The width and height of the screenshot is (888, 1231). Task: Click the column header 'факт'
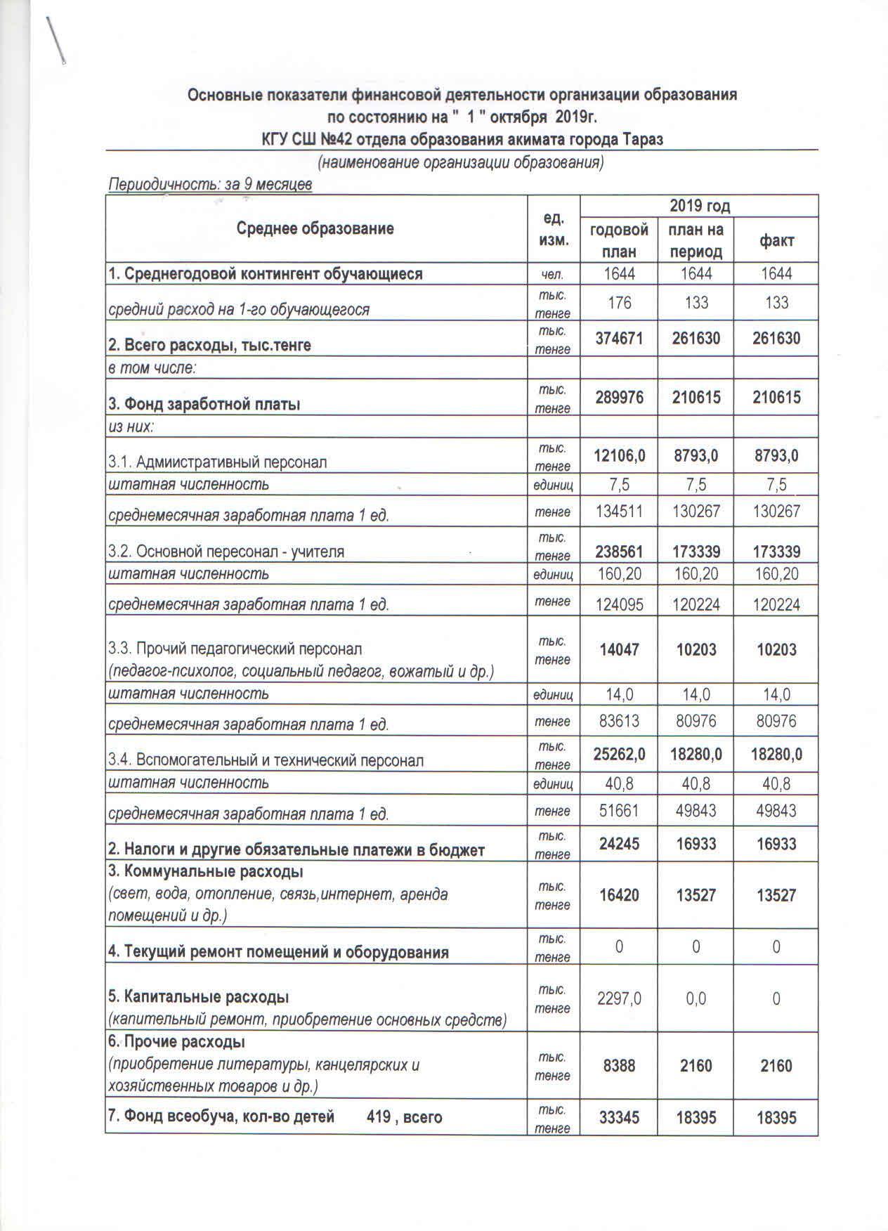click(776, 240)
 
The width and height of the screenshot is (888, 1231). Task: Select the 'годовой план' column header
click(618, 240)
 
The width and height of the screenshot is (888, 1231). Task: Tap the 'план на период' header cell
click(696, 240)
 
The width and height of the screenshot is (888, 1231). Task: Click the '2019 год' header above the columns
click(699, 206)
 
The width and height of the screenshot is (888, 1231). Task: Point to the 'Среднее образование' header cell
click(315, 228)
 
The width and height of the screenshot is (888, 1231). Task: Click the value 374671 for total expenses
click(618, 339)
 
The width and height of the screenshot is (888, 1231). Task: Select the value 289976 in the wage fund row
click(618, 398)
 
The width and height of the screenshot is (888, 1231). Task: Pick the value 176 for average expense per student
click(618, 303)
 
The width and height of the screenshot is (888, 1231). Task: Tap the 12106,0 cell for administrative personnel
click(618, 456)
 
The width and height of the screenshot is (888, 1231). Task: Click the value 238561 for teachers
click(618, 552)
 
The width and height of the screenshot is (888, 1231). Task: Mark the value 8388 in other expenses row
click(618, 1066)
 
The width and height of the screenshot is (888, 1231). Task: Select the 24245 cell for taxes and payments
click(618, 844)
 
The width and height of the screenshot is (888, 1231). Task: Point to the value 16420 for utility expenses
click(618, 895)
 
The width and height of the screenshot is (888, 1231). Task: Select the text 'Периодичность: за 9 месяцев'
click(209, 185)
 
